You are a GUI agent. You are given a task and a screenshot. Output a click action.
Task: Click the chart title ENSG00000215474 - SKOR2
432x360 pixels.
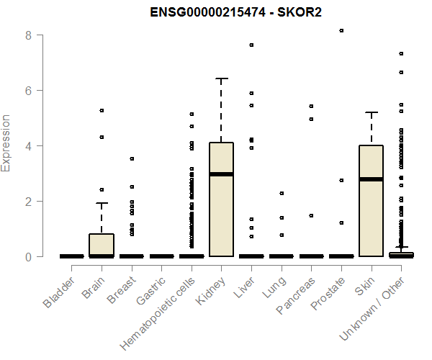[235, 13]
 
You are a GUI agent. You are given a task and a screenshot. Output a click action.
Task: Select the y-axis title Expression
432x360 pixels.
[6, 143]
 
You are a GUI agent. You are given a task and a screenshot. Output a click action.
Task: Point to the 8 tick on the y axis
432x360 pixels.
[30, 35]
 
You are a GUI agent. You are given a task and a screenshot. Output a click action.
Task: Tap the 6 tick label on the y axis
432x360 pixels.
[30, 90]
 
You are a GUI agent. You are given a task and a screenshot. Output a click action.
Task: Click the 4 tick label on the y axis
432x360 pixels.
[30, 145]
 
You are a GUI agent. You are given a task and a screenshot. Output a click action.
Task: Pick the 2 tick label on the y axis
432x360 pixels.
[30, 201]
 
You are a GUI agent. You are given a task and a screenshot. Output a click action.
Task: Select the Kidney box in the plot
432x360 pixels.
[221, 199]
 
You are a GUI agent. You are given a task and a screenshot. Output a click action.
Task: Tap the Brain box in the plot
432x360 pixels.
[102, 244]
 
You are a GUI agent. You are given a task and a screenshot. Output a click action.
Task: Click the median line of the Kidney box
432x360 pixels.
[221, 174]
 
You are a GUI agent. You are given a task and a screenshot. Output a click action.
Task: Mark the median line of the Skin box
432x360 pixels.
[371, 179]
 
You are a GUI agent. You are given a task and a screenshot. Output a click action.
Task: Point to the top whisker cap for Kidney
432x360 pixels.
[221, 78]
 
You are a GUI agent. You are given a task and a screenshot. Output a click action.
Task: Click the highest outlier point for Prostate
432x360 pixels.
[341, 30]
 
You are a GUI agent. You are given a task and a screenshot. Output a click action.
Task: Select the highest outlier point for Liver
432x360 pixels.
[251, 45]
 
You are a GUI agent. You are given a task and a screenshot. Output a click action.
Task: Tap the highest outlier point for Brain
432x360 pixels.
[102, 110]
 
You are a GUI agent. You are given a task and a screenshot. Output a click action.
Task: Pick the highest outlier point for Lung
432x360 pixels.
[282, 193]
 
